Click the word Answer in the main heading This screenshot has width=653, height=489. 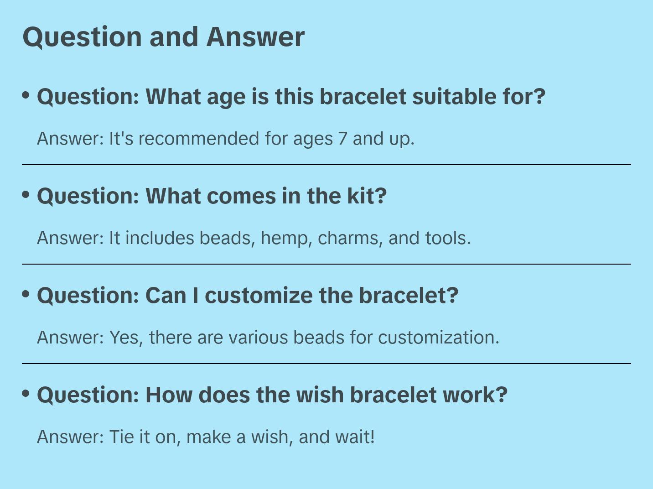255,36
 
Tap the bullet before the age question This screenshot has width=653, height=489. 26,95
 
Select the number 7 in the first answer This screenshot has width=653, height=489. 342,139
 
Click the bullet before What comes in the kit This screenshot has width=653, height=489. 26,194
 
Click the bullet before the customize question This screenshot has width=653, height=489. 26,294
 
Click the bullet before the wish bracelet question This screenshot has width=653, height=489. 26,393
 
